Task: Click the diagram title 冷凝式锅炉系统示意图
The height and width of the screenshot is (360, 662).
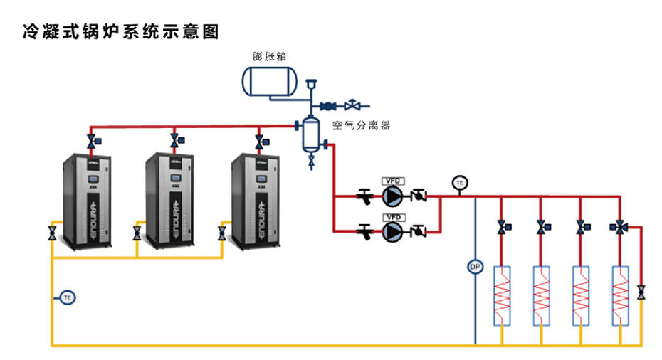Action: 120,31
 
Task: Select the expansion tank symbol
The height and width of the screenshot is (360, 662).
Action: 268,80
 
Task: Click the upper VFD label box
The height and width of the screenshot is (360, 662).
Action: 393,180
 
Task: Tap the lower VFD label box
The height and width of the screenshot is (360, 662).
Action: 393,216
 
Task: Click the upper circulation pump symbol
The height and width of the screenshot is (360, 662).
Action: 393,194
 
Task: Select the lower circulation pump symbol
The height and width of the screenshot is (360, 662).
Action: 393,231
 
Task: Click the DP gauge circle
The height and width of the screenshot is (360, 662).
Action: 475,267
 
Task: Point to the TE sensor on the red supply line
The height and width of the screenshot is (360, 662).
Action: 460,183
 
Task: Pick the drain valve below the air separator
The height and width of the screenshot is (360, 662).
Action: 311,163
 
